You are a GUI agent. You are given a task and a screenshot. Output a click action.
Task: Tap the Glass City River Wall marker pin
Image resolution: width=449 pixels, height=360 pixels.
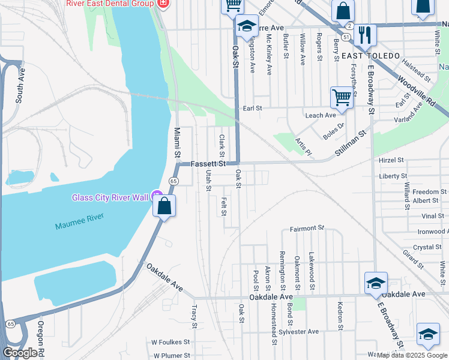(157, 196)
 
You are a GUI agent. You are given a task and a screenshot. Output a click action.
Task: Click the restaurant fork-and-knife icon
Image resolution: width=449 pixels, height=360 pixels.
(364, 35)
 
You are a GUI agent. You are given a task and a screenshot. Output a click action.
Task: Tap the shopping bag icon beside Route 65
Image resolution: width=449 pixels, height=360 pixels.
(164, 206)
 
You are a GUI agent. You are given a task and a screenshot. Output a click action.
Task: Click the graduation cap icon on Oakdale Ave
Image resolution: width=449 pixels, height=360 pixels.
(376, 283)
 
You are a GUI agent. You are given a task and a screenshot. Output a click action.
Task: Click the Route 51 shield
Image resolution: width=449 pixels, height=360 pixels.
(346, 37)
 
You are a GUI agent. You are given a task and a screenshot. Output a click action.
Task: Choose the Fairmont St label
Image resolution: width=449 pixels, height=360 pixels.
(307, 229)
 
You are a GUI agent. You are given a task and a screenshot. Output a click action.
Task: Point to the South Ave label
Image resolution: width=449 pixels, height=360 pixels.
(20, 85)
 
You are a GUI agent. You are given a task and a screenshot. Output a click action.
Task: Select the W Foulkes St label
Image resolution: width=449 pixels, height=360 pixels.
(170, 342)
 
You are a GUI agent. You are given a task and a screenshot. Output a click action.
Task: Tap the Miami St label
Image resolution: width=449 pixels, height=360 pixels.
(178, 143)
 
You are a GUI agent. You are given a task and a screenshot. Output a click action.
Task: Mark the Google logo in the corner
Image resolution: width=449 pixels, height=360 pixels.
(20, 353)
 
